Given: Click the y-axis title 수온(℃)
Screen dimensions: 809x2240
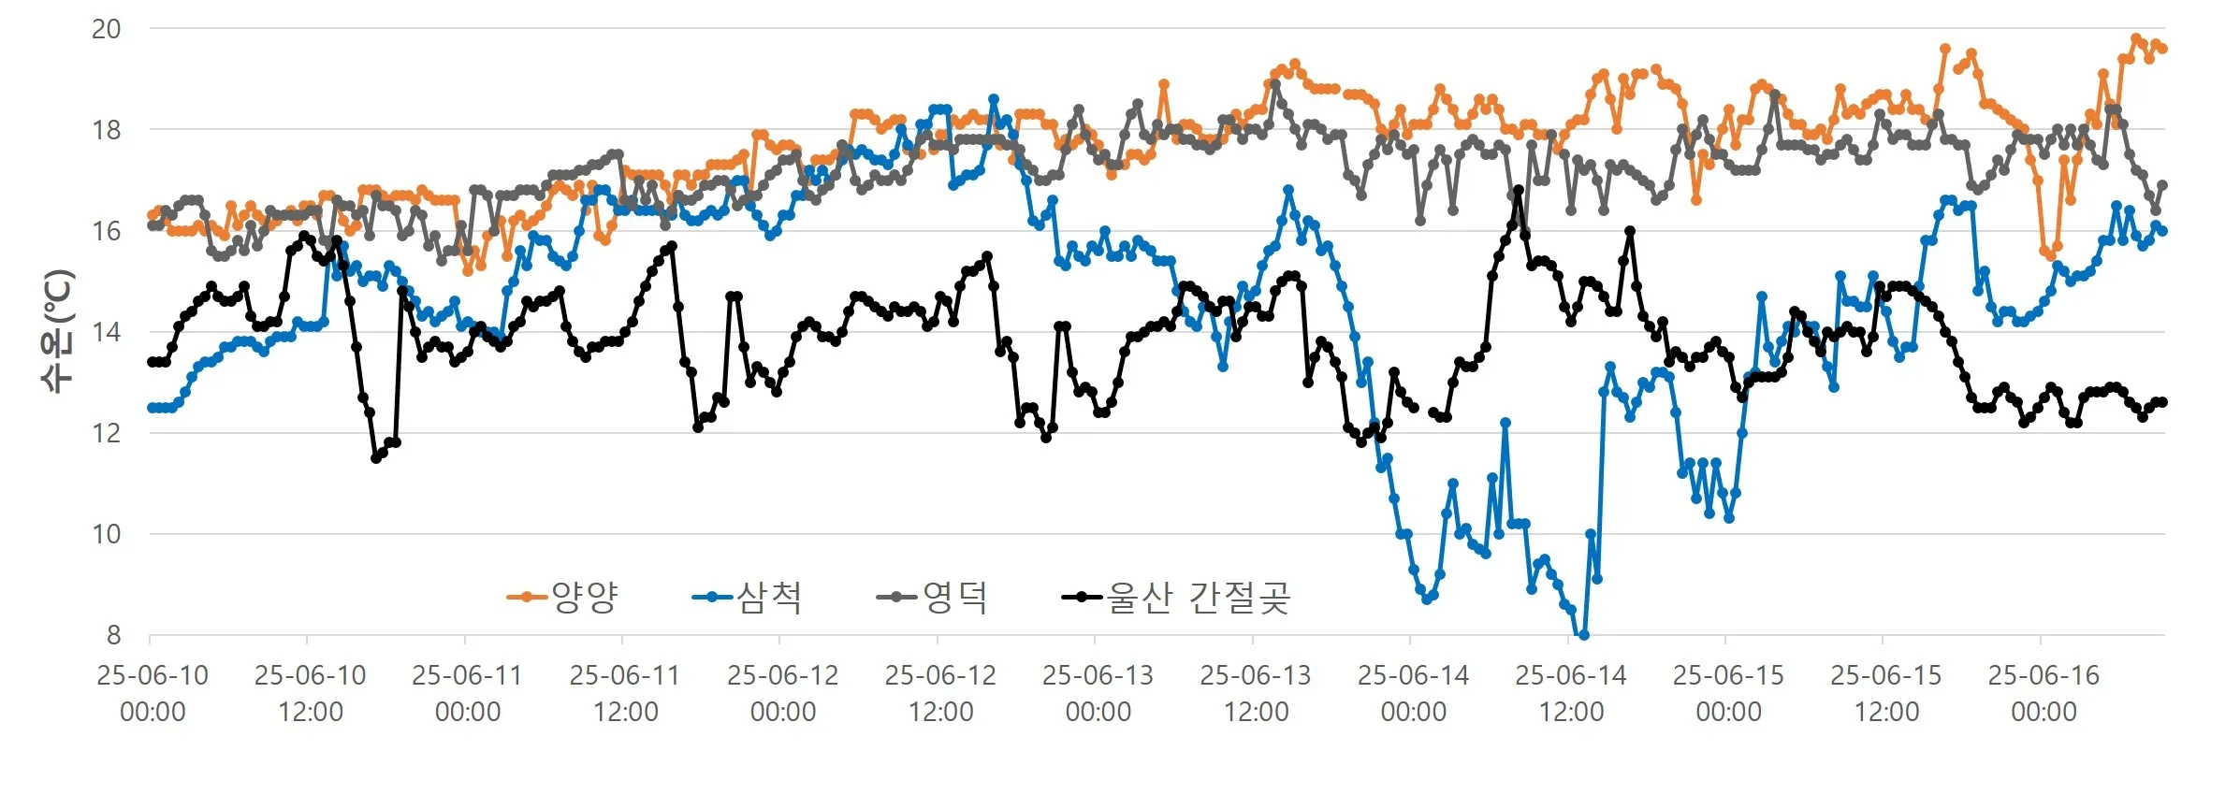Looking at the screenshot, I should [57, 331].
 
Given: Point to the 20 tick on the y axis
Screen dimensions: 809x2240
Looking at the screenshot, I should [106, 29].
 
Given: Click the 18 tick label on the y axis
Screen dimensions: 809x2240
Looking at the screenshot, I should [106, 130].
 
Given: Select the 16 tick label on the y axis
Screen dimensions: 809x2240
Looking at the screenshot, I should [106, 231].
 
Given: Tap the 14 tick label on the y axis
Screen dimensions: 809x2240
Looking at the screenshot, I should [106, 332].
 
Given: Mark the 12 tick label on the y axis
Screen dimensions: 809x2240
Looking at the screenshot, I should [106, 433].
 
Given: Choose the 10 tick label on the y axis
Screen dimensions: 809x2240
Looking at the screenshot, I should [106, 534].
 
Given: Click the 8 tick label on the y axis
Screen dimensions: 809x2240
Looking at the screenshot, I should [113, 635].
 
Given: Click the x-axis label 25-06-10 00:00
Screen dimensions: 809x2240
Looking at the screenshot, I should [153, 693].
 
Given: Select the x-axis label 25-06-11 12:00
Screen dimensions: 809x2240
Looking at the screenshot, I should [625, 693].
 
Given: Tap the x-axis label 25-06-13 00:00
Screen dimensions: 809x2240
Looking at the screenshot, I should [1098, 693].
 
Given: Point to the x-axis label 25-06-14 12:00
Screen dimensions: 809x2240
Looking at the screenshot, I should [1571, 693].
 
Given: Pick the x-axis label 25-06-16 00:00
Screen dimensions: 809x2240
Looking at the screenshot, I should [2044, 693].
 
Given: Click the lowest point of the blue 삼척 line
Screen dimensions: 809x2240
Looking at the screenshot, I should [1583, 636].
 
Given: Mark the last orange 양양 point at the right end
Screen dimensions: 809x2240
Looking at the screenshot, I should [2162, 49].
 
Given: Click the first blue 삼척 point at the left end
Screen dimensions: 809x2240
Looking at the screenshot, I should [152, 408].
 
